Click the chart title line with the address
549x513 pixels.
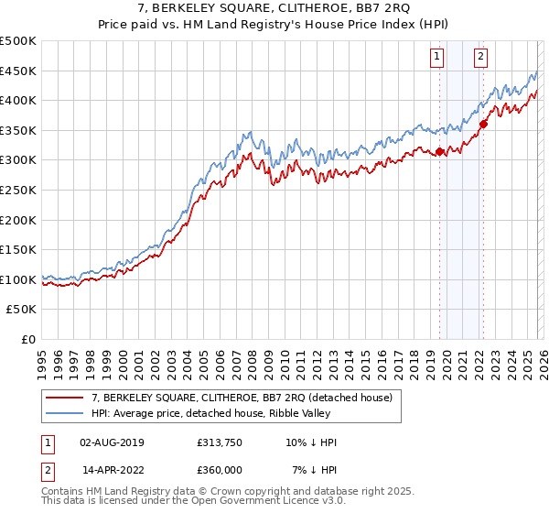coord(274,9)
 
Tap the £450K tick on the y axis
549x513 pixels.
coord(18,71)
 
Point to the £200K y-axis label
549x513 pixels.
coord(18,220)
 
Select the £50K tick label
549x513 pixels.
coord(22,310)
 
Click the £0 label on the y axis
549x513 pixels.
coord(29,340)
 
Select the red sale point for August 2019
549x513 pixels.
coord(439,152)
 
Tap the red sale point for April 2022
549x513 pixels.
coord(482,125)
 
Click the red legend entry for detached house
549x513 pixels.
coord(242,398)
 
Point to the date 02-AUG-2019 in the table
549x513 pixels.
coord(113,442)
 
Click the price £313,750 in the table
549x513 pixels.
coord(218,442)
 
